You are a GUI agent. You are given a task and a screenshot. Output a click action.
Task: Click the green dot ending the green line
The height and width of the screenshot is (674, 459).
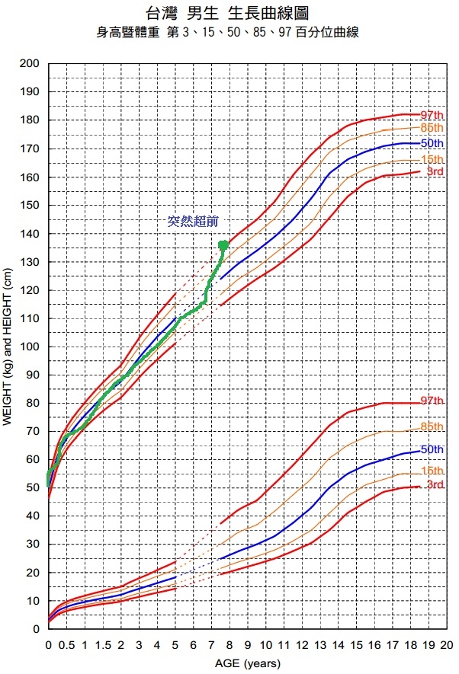(x=223, y=245)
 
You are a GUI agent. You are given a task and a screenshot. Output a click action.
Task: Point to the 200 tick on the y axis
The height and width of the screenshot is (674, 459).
(x=30, y=64)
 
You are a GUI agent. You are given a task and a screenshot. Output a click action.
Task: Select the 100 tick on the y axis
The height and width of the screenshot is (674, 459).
(x=30, y=347)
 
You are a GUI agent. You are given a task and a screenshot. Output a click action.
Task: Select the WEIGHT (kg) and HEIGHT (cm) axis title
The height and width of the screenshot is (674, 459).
(x=8, y=347)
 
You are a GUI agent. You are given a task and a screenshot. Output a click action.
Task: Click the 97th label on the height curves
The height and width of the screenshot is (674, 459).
(x=432, y=115)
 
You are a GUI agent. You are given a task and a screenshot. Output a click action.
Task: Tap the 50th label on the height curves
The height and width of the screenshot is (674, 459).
(x=432, y=143)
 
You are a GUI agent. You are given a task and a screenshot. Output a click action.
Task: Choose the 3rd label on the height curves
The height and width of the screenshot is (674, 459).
(x=435, y=172)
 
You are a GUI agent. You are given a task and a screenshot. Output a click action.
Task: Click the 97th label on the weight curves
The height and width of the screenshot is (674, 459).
(x=432, y=401)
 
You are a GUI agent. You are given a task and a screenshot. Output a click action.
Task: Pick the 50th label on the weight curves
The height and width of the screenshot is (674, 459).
(x=432, y=449)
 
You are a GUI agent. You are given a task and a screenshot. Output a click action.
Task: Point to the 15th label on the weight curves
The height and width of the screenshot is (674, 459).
(x=432, y=471)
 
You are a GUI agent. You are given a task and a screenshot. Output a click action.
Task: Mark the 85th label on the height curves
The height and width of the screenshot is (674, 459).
(x=432, y=128)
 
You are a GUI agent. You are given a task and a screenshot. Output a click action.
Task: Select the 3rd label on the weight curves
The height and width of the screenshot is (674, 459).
(x=435, y=485)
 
